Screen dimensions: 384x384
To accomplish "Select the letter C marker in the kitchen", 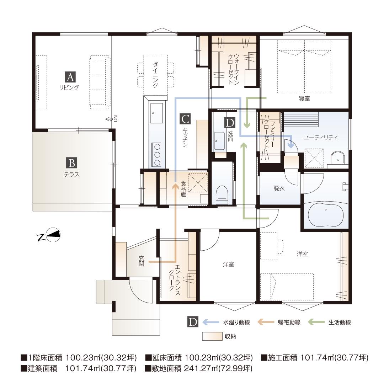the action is point(185,119).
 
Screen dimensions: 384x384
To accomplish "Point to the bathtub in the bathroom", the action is point(325,214).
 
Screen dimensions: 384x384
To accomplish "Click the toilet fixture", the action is point(222,195).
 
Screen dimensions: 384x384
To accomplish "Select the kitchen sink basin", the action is point(156,113).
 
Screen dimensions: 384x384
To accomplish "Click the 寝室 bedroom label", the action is point(304,98).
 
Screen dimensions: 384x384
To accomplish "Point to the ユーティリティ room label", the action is point(320,138).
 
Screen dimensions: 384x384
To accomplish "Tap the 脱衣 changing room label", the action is point(279,188).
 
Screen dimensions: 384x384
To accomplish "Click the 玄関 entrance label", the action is point(141,261).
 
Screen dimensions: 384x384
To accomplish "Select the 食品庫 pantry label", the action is point(183,189).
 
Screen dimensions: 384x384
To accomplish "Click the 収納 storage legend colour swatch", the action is point(212,336).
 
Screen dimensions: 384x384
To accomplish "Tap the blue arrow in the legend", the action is point(211,322).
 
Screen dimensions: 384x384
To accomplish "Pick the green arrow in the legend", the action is point(316,322).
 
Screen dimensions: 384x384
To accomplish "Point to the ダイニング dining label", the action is point(155,75).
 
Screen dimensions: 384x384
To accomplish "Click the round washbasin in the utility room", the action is point(338,158).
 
